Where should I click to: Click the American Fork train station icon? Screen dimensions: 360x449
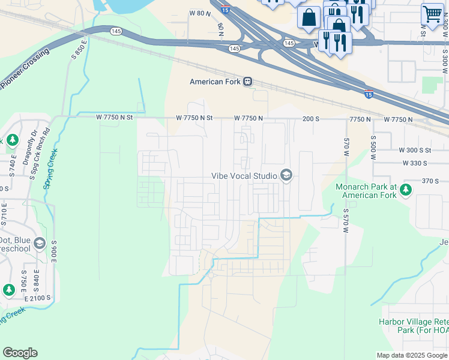pyautogui.click(x=247, y=82)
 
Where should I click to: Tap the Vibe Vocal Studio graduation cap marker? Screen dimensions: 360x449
pyautogui.click(x=286, y=176)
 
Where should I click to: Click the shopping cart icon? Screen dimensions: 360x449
pyautogui.click(x=432, y=14)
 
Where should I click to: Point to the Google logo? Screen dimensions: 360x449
pyautogui.click(x=20, y=352)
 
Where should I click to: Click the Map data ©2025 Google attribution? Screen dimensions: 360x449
pyautogui.click(x=411, y=355)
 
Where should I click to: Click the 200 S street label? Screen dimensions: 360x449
pyautogui.click(x=311, y=119)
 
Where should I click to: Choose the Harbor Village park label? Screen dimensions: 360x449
pyautogui.click(x=413, y=325)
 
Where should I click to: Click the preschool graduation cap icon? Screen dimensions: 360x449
pyautogui.click(x=40, y=243)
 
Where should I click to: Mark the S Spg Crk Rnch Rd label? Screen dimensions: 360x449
pyautogui.click(x=41, y=147)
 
